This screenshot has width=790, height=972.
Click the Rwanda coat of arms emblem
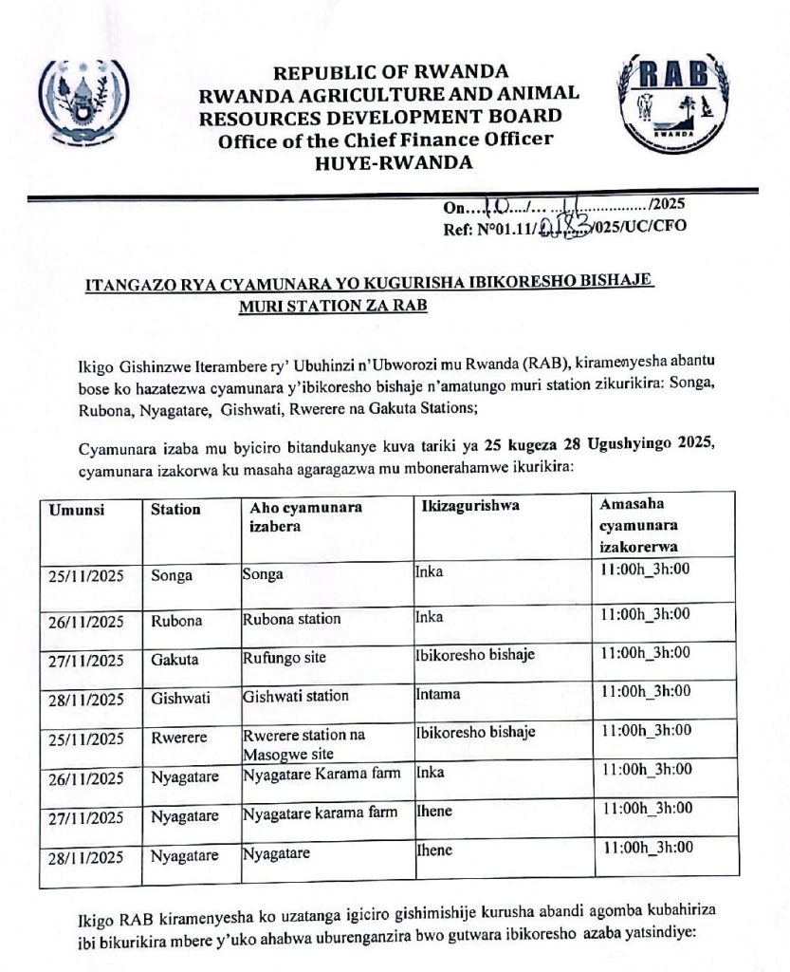[x=87, y=102]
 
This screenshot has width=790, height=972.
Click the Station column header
[x=175, y=509]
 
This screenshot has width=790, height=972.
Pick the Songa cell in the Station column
[x=172, y=575]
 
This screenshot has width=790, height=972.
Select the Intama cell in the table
[x=438, y=695]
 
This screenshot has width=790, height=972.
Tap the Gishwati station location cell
[x=295, y=696]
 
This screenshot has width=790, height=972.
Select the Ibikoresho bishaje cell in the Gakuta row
[x=475, y=654]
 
